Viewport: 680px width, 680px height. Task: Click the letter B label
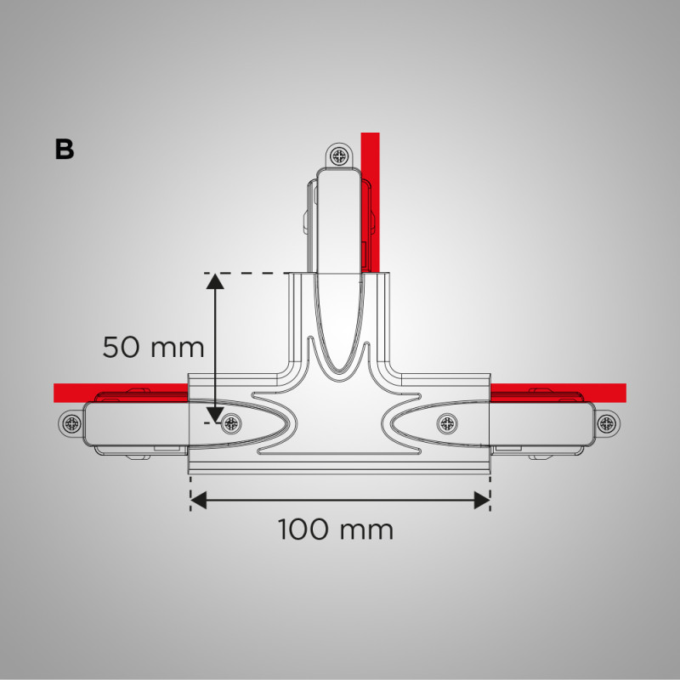[64, 149]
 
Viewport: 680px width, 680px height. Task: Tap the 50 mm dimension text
[154, 347]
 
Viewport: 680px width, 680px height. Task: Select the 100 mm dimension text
[336, 530]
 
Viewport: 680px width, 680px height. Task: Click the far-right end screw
[607, 422]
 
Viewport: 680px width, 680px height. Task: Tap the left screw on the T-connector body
[229, 422]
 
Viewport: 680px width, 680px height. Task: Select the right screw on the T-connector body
[447, 422]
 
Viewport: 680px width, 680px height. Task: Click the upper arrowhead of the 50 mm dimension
[216, 281]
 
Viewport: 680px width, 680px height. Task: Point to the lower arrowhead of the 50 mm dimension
[216, 413]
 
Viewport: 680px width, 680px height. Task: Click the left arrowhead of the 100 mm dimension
[199, 500]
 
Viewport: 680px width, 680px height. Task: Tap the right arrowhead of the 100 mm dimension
[481, 500]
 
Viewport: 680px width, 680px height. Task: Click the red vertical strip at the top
[369, 150]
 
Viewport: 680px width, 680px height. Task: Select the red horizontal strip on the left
[119, 392]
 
